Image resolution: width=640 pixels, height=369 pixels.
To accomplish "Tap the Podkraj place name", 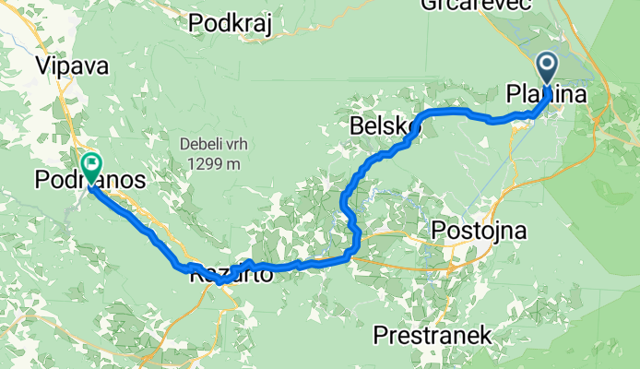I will point(229,24).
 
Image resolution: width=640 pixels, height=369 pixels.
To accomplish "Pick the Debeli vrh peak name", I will point(214,145).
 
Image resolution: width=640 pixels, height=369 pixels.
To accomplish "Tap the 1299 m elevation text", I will point(214,164).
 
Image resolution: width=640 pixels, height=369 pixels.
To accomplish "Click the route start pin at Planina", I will point(547,67).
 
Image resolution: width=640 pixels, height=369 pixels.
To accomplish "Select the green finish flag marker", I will point(92,166).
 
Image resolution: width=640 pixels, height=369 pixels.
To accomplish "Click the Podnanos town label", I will point(89,181).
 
